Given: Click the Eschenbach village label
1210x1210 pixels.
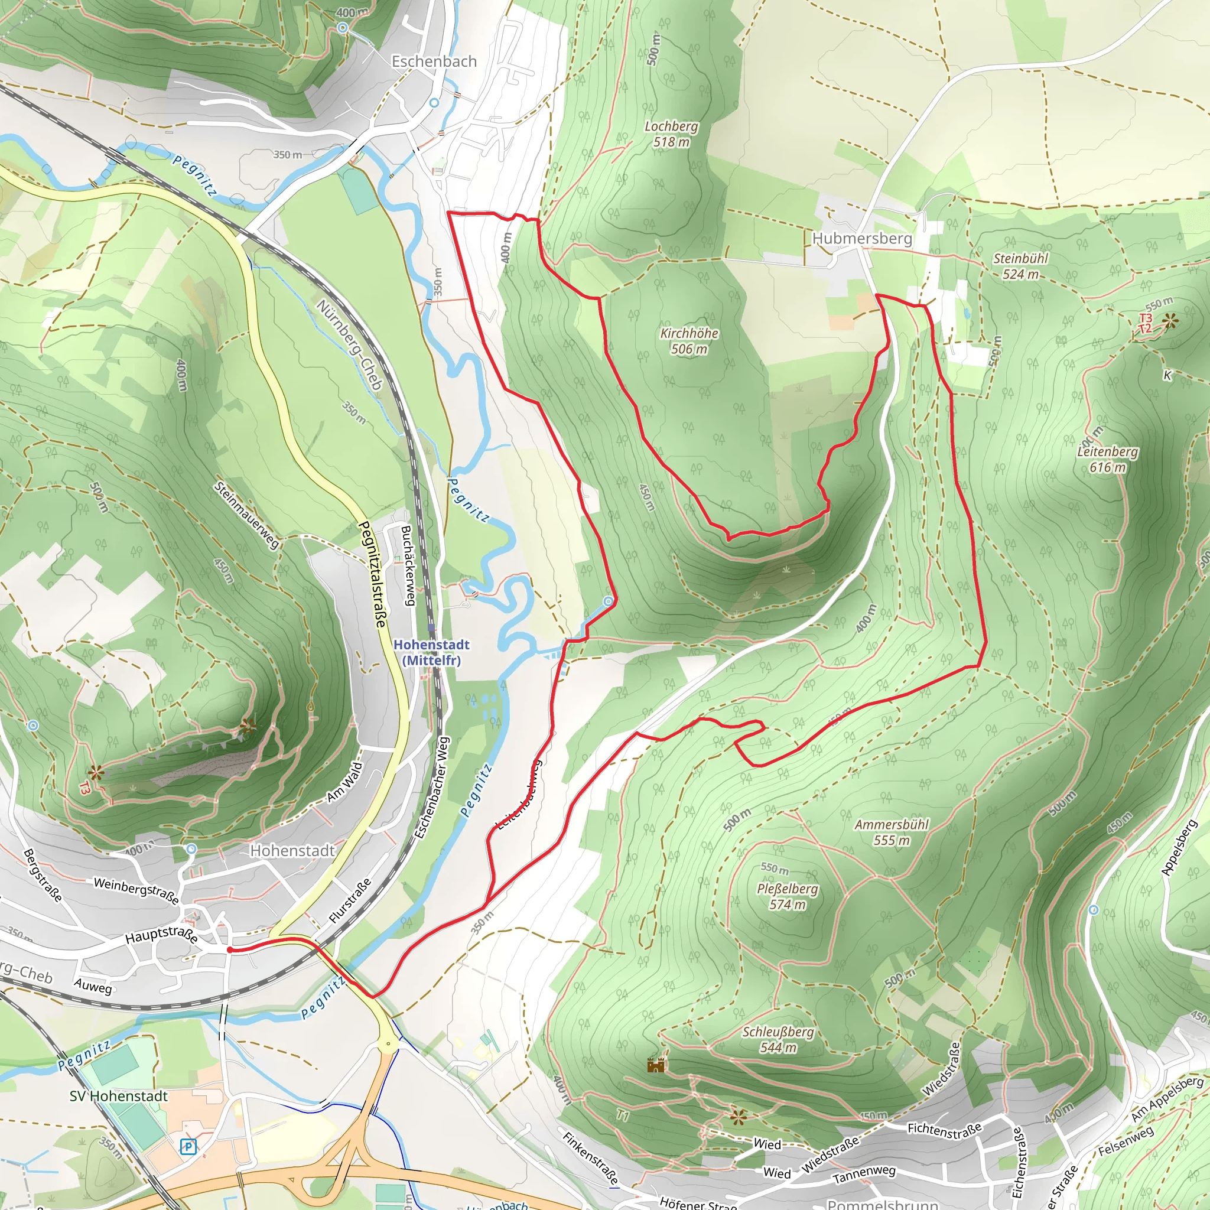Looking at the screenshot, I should (x=434, y=61).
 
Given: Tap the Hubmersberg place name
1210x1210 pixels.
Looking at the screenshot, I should (x=862, y=239).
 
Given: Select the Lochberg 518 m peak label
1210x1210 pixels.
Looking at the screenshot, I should (x=671, y=134).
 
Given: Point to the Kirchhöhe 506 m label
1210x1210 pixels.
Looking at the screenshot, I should (x=689, y=341).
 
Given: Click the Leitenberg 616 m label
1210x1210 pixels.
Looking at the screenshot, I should (x=1107, y=459).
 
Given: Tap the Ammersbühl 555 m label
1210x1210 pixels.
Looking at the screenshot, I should (x=891, y=832).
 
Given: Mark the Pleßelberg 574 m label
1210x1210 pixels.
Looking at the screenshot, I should (x=787, y=896).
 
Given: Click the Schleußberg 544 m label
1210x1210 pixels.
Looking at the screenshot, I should (x=778, y=1040).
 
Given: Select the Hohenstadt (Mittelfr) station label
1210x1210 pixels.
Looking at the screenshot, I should (x=431, y=653).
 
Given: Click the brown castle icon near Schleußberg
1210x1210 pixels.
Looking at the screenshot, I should (x=655, y=1065).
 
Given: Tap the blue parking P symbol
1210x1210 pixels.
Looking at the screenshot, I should (x=188, y=1147).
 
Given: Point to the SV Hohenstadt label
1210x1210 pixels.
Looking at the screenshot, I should (x=118, y=1096).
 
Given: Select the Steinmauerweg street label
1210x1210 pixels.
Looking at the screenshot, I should (x=246, y=515).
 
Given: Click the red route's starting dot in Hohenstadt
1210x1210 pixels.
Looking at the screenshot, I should (x=230, y=950).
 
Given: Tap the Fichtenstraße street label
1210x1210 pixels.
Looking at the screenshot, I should (x=945, y=1129).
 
